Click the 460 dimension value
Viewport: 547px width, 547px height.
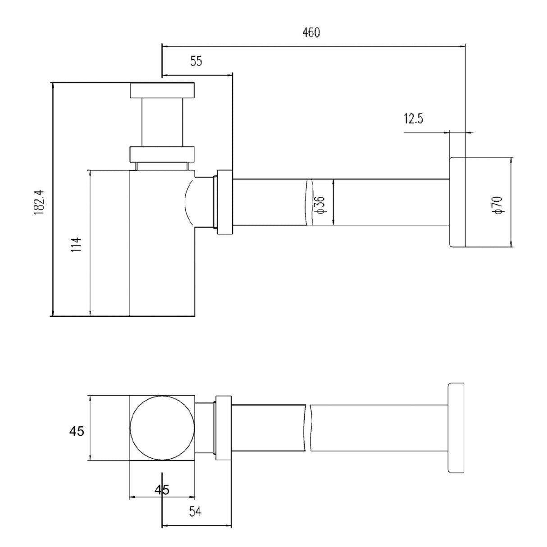click(x=311, y=32)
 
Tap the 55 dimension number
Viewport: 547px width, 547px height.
click(x=196, y=61)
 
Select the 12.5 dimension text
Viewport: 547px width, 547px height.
click(x=414, y=119)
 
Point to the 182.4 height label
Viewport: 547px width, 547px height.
click(x=39, y=202)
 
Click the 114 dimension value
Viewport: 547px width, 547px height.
click(x=76, y=244)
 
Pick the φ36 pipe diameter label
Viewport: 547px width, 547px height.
click(x=319, y=204)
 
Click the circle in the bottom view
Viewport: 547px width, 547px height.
click(x=162, y=428)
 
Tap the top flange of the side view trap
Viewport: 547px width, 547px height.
click(x=162, y=91)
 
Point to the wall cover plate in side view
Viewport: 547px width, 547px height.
click(x=457, y=202)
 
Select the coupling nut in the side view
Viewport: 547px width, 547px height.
click(x=225, y=202)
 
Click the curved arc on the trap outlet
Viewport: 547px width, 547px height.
click(x=189, y=202)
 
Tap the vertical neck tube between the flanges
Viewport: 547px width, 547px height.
click(x=162, y=123)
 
